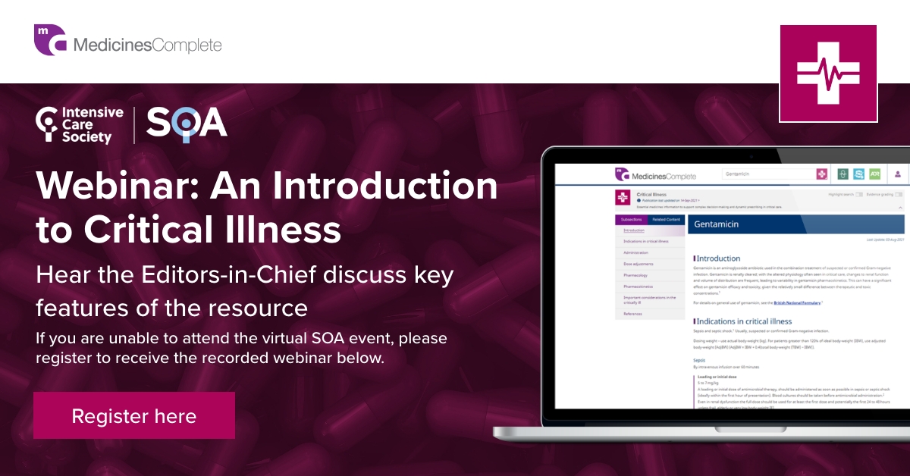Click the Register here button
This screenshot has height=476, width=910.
[x=134, y=415]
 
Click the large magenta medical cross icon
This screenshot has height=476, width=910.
[x=827, y=74]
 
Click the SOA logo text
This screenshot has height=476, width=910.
[x=187, y=124]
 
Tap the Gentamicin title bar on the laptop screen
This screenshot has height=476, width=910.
[x=796, y=224]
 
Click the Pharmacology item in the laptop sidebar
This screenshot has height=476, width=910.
[x=635, y=275]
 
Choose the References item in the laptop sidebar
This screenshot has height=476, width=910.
[x=634, y=314]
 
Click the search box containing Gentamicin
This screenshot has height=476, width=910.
[x=766, y=174]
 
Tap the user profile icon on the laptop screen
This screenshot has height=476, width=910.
[x=897, y=174]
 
